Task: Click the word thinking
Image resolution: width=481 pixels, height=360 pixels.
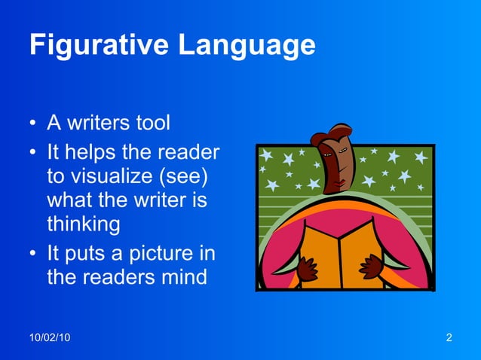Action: [x=83, y=224]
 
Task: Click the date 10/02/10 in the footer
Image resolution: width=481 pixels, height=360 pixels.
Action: [x=50, y=337]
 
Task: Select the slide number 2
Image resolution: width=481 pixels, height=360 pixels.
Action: [x=449, y=337]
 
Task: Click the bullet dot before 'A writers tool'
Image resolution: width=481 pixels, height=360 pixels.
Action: [x=34, y=124]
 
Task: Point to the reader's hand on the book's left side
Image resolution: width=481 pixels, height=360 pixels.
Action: [x=307, y=268]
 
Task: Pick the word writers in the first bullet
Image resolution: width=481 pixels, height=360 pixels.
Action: [x=101, y=122]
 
